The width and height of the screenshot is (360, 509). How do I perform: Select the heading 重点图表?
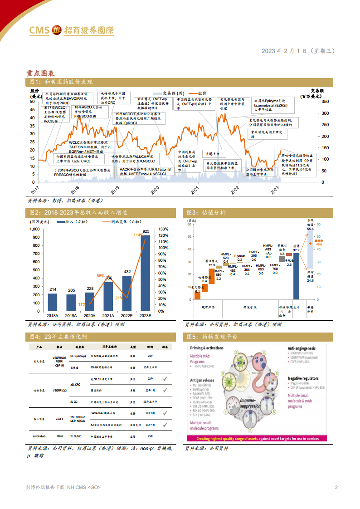click(x=40, y=73)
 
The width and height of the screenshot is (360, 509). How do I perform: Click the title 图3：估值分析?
click(x=204, y=212)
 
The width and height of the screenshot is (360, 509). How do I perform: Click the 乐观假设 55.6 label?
click(x=310, y=227)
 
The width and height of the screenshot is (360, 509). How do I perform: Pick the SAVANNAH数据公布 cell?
click(x=104, y=413)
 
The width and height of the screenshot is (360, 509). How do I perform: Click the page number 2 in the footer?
click(x=336, y=487)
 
